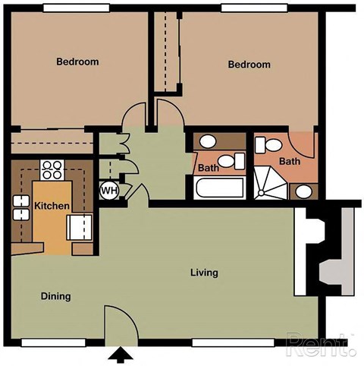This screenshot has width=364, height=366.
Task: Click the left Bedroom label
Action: [x=77, y=62]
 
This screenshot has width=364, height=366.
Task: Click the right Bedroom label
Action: [x=249, y=65]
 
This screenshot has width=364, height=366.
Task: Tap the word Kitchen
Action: [x=52, y=206]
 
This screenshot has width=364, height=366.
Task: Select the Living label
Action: [x=205, y=273]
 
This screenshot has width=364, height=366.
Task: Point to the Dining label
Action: [x=55, y=296]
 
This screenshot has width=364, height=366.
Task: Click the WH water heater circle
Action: [x=109, y=190]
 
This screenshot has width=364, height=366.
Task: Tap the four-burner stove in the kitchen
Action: [x=52, y=168]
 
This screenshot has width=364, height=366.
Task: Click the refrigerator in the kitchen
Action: [x=81, y=226]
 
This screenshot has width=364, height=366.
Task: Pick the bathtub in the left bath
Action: [x=218, y=188]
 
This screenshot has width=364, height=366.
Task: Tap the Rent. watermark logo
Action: [x=320, y=345]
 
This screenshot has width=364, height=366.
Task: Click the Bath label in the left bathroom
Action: [x=208, y=168]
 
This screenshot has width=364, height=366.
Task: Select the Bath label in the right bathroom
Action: [x=290, y=161]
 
